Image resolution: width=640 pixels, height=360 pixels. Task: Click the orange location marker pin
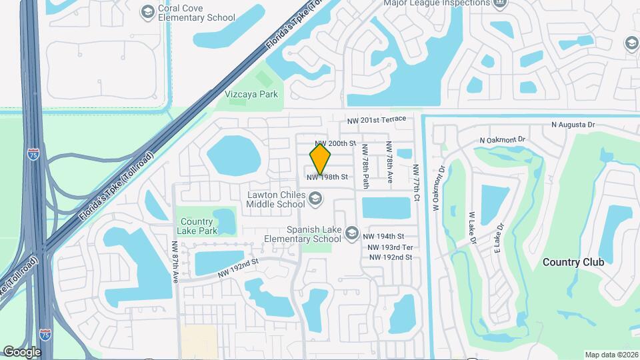pos(321,159)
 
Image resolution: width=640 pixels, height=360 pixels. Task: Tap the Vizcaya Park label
pos(251,94)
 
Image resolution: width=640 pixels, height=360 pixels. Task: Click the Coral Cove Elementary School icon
pos(147,11)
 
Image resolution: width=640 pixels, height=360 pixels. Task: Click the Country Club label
pos(573,262)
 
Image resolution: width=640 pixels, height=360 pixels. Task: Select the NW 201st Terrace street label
pos(377,119)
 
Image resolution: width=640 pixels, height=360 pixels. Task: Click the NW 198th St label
pos(327,177)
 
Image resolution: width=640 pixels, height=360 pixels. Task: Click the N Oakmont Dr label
pos(503,140)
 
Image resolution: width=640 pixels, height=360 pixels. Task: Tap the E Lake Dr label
pos(497,237)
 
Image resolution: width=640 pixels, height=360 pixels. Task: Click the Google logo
pos(22,351)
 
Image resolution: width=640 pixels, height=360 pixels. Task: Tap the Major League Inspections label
pos(437,3)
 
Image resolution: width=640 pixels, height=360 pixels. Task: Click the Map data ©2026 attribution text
pos(610,355)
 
